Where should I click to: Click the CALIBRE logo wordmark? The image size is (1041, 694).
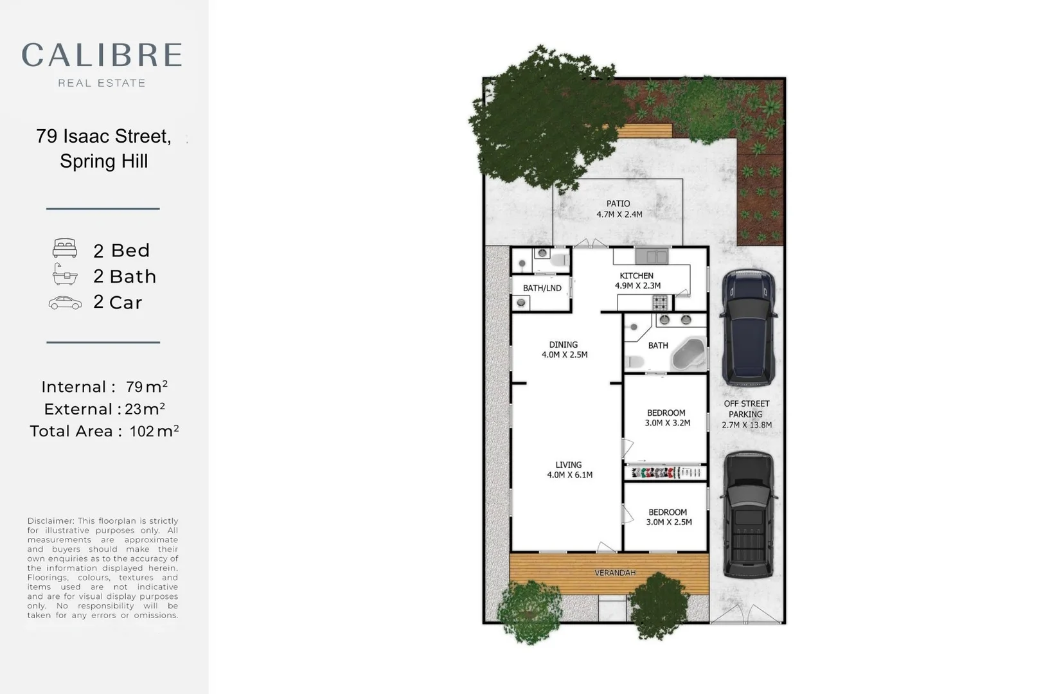click(102, 55)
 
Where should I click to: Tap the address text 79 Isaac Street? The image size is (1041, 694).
click(103, 136)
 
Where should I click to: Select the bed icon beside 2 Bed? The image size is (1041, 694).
click(65, 249)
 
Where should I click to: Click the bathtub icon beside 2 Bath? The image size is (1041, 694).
click(65, 275)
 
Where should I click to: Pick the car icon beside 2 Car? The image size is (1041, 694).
click(65, 303)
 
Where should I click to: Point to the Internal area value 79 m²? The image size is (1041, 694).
click(147, 387)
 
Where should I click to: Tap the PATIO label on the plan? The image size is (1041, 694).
click(618, 204)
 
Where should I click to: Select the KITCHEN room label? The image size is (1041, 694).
click(636, 276)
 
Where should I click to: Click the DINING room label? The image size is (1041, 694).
click(563, 344)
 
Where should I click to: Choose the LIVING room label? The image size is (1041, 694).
click(568, 465)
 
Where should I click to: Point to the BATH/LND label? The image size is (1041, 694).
click(542, 288)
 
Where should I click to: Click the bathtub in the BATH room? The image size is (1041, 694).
click(688, 354)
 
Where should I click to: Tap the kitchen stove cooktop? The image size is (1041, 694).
click(660, 301)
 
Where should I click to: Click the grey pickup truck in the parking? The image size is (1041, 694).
click(749, 514)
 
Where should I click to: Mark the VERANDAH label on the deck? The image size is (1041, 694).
click(615, 573)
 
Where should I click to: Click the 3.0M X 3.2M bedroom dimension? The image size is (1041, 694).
click(667, 423)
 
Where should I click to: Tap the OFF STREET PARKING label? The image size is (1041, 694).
click(746, 409)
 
